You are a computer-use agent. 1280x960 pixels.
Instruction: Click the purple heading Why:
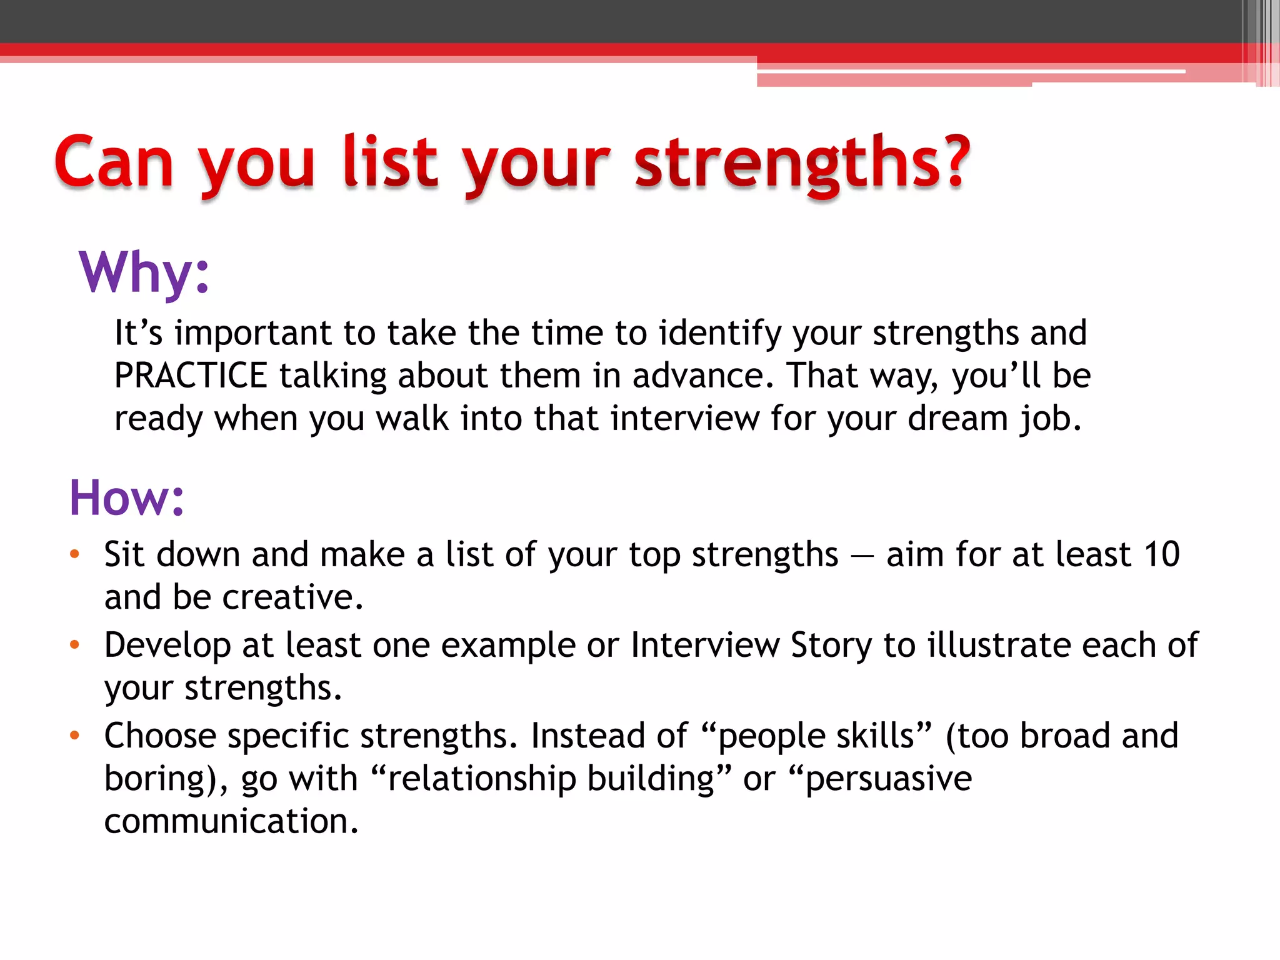pos(144,272)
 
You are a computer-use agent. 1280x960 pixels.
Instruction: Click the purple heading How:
pos(127,498)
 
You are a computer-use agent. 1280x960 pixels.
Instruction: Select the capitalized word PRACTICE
pos(191,376)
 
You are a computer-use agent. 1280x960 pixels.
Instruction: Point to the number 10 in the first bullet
pos(1161,554)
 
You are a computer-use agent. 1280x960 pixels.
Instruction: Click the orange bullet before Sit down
pos(75,554)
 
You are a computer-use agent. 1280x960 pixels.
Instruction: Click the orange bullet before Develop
pos(75,645)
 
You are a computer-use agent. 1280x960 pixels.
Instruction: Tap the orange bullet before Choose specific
pos(75,736)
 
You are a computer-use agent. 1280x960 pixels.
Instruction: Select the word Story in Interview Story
pos(831,645)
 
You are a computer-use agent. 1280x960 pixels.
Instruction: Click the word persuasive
pos(888,779)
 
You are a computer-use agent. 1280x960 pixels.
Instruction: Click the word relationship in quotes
pos(481,779)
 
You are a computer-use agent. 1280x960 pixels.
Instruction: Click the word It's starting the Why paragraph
pos(138,332)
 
